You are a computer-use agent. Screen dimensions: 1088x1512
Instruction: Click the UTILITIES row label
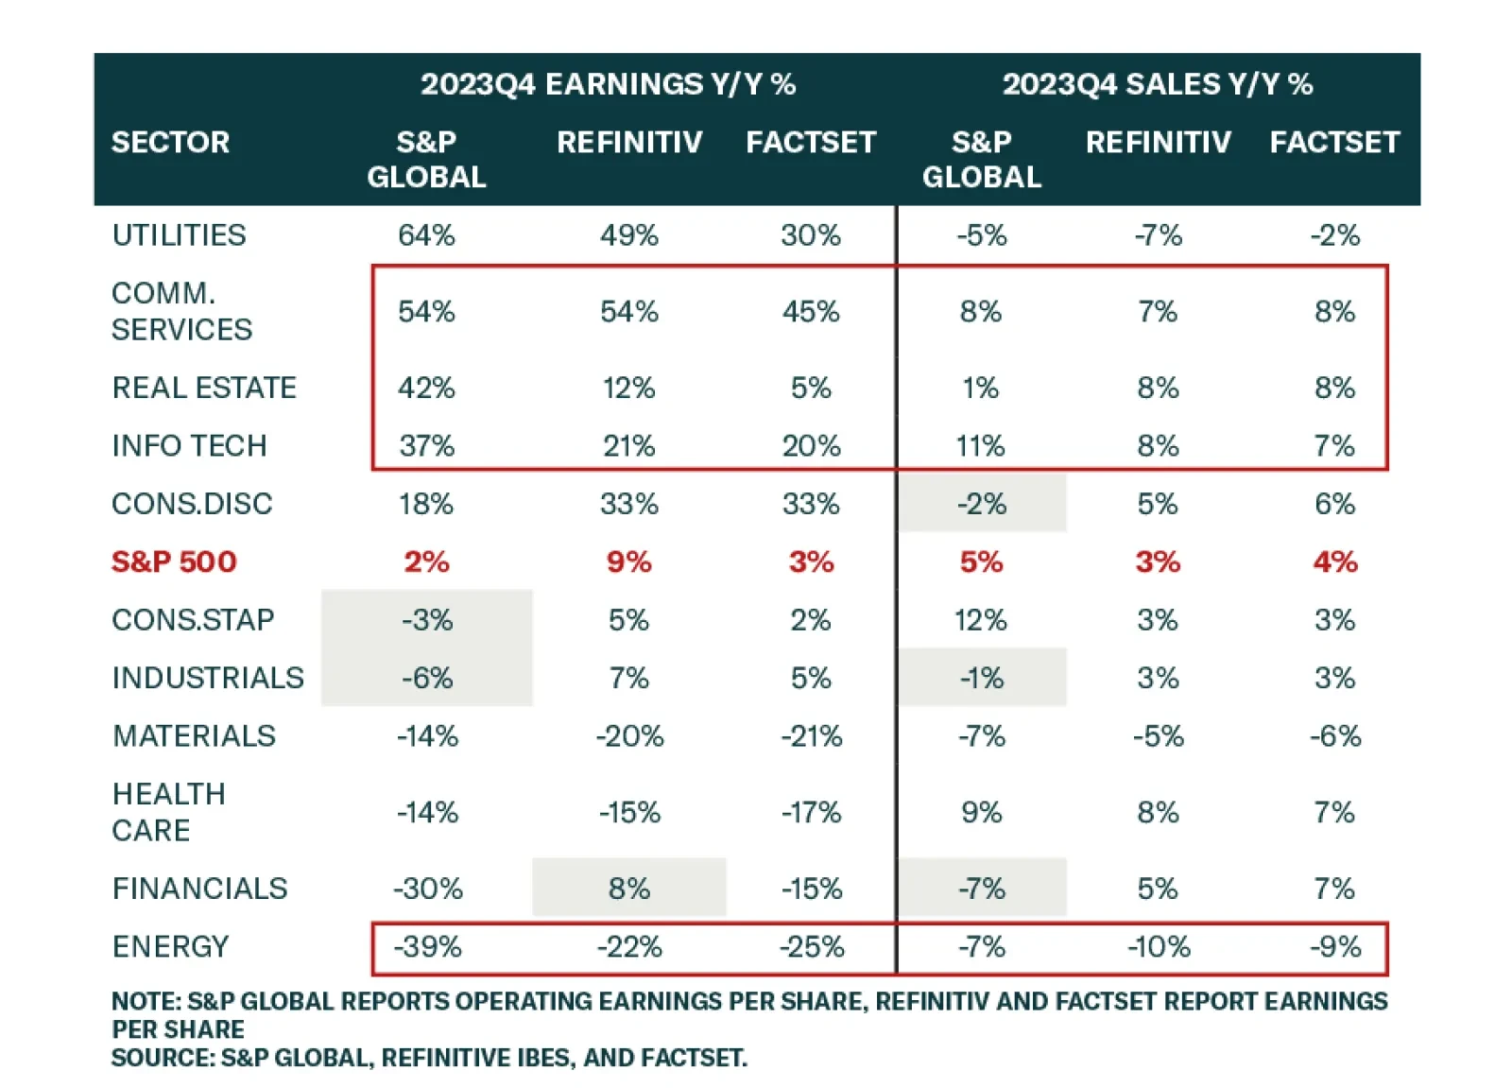[179, 234]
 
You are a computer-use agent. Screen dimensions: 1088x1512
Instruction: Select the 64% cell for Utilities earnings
[426, 234]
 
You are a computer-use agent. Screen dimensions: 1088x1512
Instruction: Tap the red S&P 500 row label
[174, 561]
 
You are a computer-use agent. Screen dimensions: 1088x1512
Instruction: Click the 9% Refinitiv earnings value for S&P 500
[628, 561]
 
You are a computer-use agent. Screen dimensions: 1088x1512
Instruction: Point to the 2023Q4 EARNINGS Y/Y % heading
[608, 84]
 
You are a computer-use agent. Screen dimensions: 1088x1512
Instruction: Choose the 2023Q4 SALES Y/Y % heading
[1157, 84]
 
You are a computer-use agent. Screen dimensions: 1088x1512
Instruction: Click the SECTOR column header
[170, 142]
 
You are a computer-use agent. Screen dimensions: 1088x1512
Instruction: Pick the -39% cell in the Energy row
[427, 946]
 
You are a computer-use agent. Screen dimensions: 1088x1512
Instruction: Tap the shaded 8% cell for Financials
[628, 889]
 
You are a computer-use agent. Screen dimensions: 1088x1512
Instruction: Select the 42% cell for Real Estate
[426, 388]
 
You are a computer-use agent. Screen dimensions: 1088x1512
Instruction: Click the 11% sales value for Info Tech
[980, 445]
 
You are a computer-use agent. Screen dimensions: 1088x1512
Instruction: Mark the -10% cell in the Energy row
[1159, 946]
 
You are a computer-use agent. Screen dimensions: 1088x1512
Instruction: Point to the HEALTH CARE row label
[168, 812]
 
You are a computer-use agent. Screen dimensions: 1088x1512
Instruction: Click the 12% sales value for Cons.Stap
[980, 620]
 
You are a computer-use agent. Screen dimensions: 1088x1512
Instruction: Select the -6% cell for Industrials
[427, 678]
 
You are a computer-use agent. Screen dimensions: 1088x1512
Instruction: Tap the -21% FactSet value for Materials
[811, 735]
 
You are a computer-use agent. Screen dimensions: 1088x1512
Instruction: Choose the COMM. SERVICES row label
[181, 311]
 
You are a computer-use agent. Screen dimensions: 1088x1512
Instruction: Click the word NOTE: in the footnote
[146, 1001]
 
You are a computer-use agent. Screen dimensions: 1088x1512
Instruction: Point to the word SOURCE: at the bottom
[163, 1058]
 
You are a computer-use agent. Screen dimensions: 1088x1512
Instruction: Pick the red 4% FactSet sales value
[1334, 561]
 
